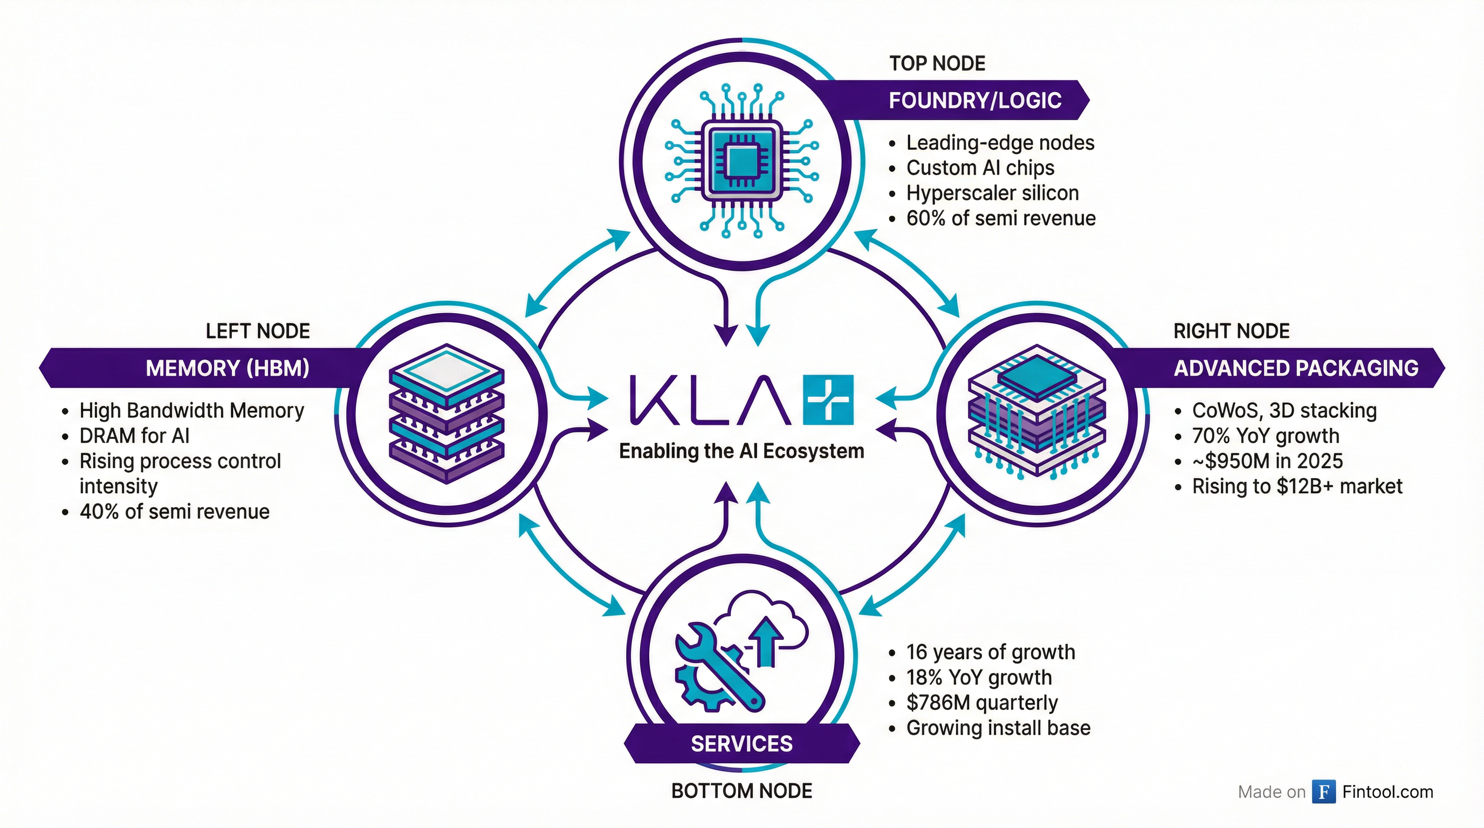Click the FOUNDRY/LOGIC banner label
975,100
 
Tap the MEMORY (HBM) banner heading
227,368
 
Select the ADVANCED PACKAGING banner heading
1296,368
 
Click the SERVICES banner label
741,743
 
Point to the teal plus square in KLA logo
827,399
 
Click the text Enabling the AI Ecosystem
741,451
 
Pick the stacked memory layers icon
446,413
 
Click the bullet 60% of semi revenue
1001,218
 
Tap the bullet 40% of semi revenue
174,512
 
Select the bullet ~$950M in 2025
1267,461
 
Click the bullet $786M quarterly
981,702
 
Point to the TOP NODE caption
937,63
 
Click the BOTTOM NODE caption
741,791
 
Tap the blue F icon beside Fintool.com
1324,792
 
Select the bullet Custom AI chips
980,168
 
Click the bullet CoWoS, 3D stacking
1284,411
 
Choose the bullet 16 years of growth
990,652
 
